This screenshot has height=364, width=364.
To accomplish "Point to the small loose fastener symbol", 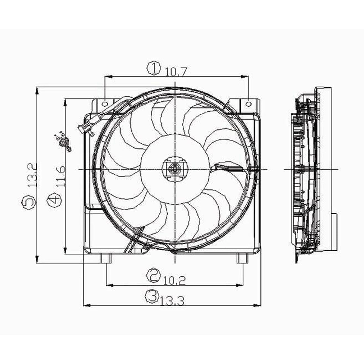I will (x=64, y=142).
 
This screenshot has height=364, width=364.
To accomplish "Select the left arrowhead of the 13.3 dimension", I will (x=87, y=305).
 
